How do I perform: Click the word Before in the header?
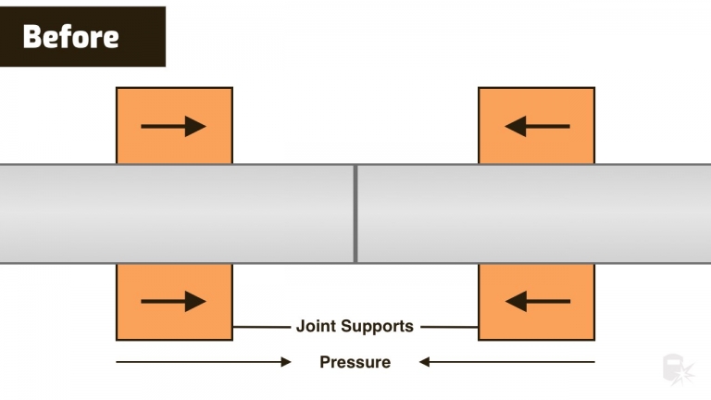70,37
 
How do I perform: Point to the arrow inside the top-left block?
173,126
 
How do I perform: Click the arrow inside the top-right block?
537,126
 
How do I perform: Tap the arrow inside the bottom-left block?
173,301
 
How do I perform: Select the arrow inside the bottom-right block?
537,301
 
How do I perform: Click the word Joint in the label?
316,327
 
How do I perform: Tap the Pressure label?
355,362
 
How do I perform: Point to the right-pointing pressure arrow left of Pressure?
204,362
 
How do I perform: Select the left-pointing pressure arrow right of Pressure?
506,362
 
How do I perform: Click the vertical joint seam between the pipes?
355,214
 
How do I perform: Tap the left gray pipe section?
176,214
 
